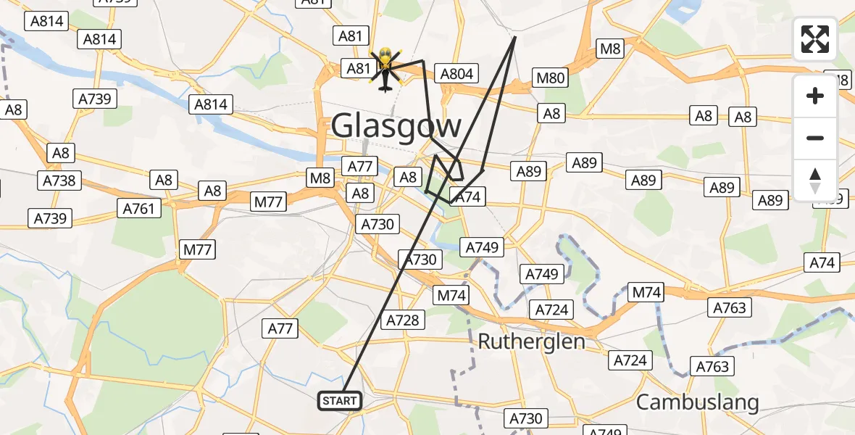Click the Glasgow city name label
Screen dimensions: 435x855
click(x=396, y=126)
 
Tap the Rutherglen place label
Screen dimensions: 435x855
click(x=532, y=341)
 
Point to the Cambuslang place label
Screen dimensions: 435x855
click(x=697, y=402)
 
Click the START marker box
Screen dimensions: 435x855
click(x=339, y=401)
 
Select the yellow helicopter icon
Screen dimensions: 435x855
click(x=385, y=70)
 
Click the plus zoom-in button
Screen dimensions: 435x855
click(x=815, y=96)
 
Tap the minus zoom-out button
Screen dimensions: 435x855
click(x=815, y=138)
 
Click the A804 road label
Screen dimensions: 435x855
click(x=456, y=73)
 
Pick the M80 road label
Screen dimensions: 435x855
click(x=549, y=78)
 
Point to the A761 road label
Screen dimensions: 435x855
click(x=138, y=209)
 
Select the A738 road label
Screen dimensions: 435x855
click(x=60, y=180)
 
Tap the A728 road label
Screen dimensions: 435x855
click(x=402, y=320)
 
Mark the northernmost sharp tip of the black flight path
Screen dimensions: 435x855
click(x=514, y=37)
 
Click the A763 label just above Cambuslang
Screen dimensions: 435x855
click(x=712, y=367)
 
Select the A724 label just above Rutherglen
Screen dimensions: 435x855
click(x=551, y=310)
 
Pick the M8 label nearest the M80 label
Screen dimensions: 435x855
click(x=609, y=49)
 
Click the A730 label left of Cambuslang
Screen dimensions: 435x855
click(x=525, y=418)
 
